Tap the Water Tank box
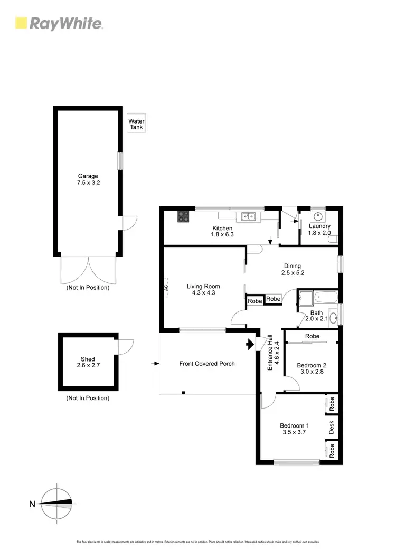pos(136,124)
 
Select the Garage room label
pos(88,176)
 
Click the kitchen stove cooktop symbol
pos(183,216)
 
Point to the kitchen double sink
pos(248,216)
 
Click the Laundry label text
pos(319,226)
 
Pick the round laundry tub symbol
pos(319,215)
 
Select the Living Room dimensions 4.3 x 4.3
pos(201,293)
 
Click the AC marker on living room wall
pos(166,288)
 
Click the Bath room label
pos(316,312)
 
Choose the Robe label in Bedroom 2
pos(312,336)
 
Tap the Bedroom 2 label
pos(312,365)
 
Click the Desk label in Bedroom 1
pos(332,427)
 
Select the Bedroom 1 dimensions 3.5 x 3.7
pos(294,432)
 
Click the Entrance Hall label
pos(270,352)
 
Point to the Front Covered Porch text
pos(207,364)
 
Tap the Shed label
pos(88,359)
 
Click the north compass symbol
pos(56,504)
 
